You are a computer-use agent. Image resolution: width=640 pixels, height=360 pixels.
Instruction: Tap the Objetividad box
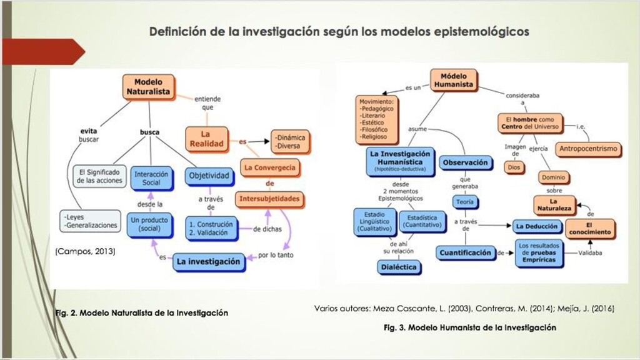tap(209, 177)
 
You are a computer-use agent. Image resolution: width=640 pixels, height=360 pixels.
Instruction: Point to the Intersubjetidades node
tap(269, 199)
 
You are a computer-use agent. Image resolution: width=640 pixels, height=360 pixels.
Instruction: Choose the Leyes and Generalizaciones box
tap(91, 221)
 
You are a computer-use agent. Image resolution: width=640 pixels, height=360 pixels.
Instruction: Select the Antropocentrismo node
tap(588, 149)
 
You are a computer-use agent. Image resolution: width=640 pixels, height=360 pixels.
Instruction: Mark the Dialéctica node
tap(399, 267)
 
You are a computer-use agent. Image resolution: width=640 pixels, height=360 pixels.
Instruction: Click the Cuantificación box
tap(464, 252)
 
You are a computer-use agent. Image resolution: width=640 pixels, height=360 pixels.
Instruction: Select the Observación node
tap(464, 162)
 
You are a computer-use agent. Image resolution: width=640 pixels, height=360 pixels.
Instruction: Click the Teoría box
tap(464, 202)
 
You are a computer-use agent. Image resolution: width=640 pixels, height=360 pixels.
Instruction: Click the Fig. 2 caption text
tap(141, 312)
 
